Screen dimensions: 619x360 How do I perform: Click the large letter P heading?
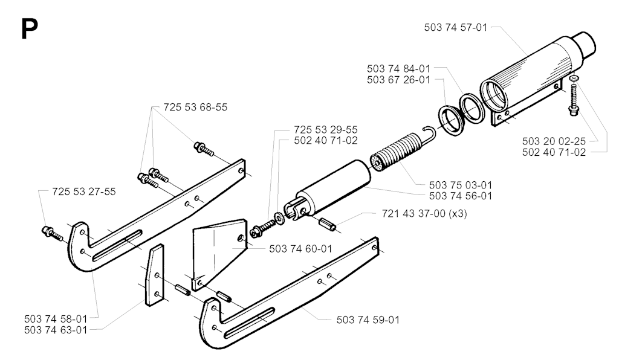[x=30, y=29]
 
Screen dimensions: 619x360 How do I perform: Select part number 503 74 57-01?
[x=456, y=28]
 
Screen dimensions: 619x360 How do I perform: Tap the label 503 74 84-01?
[x=398, y=69]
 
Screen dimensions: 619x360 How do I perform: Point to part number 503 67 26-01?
[x=398, y=80]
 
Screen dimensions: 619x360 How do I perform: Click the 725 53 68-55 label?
[x=195, y=108]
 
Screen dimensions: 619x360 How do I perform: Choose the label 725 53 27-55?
[x=84, y=191]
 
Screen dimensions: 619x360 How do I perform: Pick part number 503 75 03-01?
[x=461, y=185]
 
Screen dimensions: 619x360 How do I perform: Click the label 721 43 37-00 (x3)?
[x=424, y=214]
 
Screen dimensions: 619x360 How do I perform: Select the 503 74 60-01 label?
[x=300, y=249]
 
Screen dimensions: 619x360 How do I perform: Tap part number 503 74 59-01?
[x=368, y=320]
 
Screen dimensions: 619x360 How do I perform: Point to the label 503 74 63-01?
[x=56, y=330]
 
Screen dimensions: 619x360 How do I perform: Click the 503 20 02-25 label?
[x=554, y=141]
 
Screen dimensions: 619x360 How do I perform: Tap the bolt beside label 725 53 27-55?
[x=52, y=233]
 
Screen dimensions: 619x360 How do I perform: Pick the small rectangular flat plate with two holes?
[x=155, y=275]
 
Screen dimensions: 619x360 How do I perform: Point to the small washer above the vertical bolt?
[x=574, y=80]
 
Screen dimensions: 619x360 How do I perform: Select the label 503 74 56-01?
[x=461, y=196]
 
